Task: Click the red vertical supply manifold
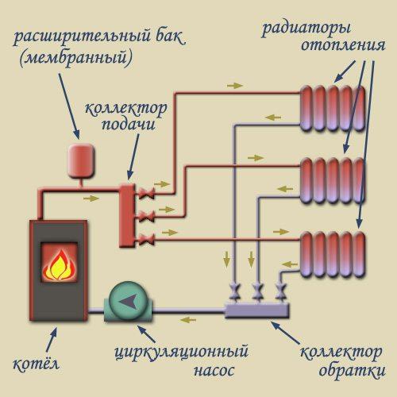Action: click(126, 214)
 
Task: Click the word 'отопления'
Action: click(337, 48)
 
